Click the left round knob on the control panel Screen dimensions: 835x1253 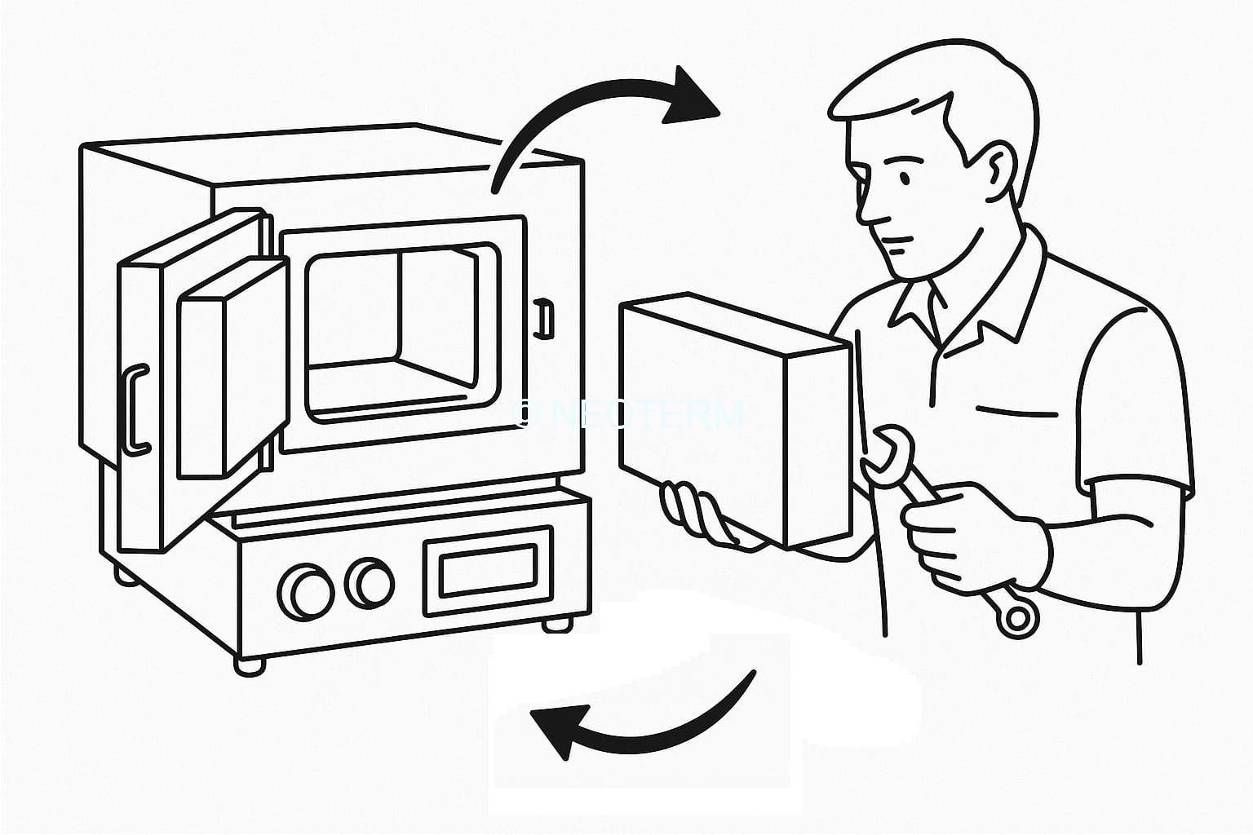click(x=304, y=592)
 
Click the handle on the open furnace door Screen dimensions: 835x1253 click(x=136, y=408)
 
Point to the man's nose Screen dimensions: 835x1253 click(x=870, y=214)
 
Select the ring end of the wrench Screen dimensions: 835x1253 click(x=1016, y=617)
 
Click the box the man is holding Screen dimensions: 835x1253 click(x=734, y=424)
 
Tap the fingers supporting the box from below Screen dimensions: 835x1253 click(x=693, y=514)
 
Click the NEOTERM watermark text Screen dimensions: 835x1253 click(x=632, y=414)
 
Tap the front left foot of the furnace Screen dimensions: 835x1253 click(x=249, y=665)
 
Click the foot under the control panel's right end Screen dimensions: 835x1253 click(x=557, y=625)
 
